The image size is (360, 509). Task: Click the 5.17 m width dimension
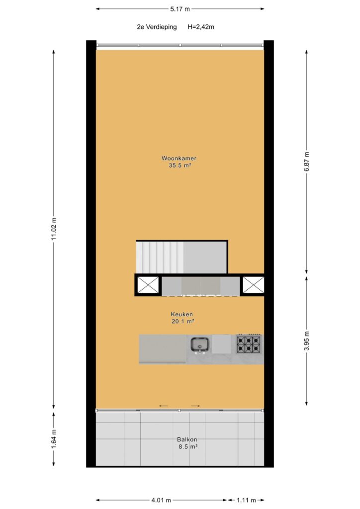pos(180,9)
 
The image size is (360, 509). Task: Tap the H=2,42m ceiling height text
pos(200,27)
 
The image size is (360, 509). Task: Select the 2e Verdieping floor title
pos(157,27)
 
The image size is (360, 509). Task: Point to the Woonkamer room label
pos(179,159)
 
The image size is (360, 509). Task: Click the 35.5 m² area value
pos(180,166)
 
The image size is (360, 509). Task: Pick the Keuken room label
pos(182,314)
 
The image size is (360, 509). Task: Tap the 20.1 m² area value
pos(183,322)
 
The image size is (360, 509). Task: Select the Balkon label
pos(187,439)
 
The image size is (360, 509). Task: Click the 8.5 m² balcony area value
pos(188,447)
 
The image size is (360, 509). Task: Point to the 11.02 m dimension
pos(54,229)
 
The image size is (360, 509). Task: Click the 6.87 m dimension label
pos(307,162)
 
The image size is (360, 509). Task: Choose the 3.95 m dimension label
pos(307,340)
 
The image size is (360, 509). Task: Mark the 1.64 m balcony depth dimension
pos(54,439)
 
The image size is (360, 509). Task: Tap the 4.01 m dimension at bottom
pos(161,500)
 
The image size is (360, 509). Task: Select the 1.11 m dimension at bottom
pos(246,500)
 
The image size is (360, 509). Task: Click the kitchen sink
pos(200,344)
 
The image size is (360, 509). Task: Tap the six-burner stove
pos(249,344)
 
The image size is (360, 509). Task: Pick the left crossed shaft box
pos(148,285)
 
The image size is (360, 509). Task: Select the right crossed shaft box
pos(254,285)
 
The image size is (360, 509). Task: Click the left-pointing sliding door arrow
pos(164,406)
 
